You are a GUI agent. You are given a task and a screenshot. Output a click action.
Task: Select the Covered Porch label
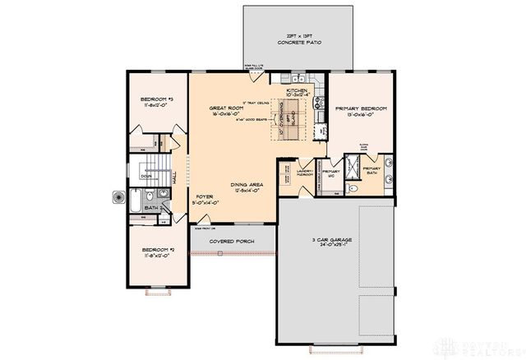(x=231, y=242)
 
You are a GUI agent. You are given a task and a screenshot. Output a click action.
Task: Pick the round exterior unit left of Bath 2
(x=115, y=197)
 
